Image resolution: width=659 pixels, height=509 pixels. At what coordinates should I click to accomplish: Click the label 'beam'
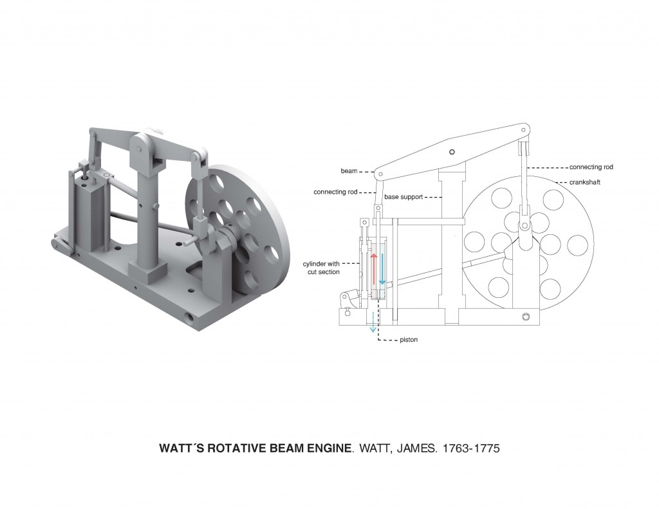(x=349, y=171)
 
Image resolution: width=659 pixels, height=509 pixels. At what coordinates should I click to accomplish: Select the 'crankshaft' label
(x=584, y=182)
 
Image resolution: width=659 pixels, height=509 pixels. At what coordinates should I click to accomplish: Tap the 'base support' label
(x=404, y=197)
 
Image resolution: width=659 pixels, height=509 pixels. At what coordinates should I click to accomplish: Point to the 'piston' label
(x=409, y=340)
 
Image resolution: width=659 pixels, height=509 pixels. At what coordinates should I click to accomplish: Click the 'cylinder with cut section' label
(x=321, y=268)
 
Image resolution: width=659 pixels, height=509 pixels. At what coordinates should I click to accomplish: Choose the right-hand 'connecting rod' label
(x=591, y=167)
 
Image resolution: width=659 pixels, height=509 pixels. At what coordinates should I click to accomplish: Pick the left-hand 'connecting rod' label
(x=335, y=192)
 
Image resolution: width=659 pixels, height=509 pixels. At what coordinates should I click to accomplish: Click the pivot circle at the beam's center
(x=452, y=152)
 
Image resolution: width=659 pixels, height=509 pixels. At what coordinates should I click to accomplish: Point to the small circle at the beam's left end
(x=380, y=174)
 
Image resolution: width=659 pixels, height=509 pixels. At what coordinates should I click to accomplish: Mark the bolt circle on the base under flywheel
(x=525, y=317)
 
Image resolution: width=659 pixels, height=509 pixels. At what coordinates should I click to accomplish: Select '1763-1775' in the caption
(x=469, y=448)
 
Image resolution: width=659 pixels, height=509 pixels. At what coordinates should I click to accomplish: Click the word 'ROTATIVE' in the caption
(x=236, y=448)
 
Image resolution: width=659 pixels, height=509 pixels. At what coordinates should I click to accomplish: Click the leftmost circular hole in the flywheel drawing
(x=474, y=243)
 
